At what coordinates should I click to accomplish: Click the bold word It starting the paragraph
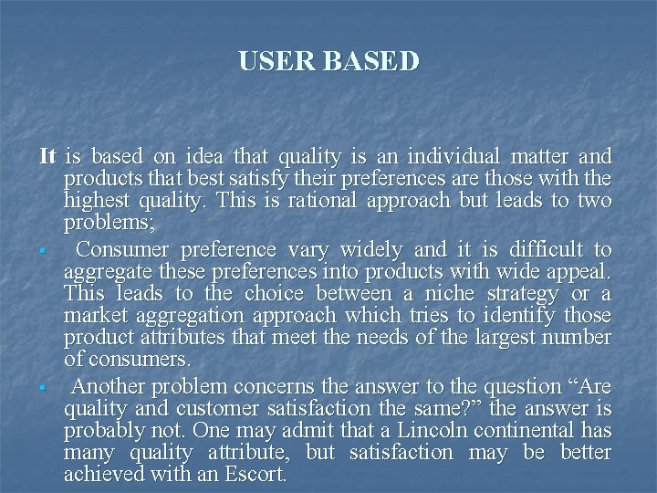[48, 156]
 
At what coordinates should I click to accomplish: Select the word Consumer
[123, 249]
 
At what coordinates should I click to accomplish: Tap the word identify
[509, 316]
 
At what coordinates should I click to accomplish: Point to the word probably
[103, 431]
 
